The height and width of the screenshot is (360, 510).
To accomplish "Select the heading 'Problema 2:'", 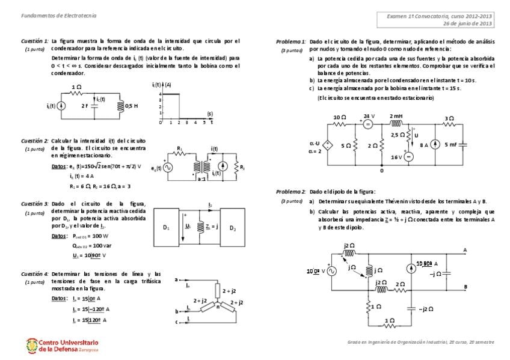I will [291, 191].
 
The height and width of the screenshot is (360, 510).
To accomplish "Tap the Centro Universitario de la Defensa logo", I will [61, 346].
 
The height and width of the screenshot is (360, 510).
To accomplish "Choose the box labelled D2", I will [233, 228].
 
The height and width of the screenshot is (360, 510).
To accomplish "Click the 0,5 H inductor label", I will [132, 106].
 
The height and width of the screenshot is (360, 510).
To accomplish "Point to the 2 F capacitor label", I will [85, 105].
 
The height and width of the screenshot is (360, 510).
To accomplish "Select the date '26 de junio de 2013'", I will [468, 23].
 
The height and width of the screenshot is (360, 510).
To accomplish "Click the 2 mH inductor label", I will [396, 115].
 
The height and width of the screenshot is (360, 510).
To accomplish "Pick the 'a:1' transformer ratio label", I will [201, 179].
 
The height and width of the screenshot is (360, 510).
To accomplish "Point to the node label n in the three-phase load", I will [218, 307].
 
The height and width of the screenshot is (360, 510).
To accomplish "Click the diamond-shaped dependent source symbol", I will [328, 145].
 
